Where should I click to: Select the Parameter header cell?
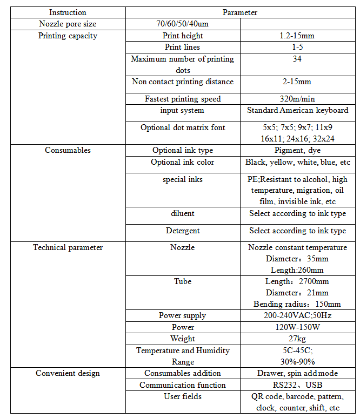coord(240,12)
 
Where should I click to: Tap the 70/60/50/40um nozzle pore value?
coord(182,24)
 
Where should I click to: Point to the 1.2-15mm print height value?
coord(297,36)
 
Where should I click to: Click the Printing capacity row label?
coord(68,36)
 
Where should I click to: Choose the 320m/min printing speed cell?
coord(297,99)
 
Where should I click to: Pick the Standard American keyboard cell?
coord(297,110)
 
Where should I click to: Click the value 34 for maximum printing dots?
coord(297,59)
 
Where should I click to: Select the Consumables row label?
coord(68,150)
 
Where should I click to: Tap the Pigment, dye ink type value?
coord(297,150)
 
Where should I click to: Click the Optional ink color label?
coord(182,162)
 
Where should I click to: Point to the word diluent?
coord(182,213)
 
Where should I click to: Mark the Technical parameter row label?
coord(68,247)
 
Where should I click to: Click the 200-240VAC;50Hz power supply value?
coord(297,315)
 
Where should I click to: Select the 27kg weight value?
coord(297,339)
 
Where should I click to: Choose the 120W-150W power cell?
coord(297,327)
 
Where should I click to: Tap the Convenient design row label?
coord(68,373)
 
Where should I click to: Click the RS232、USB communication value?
coord(297,385)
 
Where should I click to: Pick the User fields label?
coord(182,396)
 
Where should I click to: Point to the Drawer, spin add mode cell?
coord(297,373)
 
